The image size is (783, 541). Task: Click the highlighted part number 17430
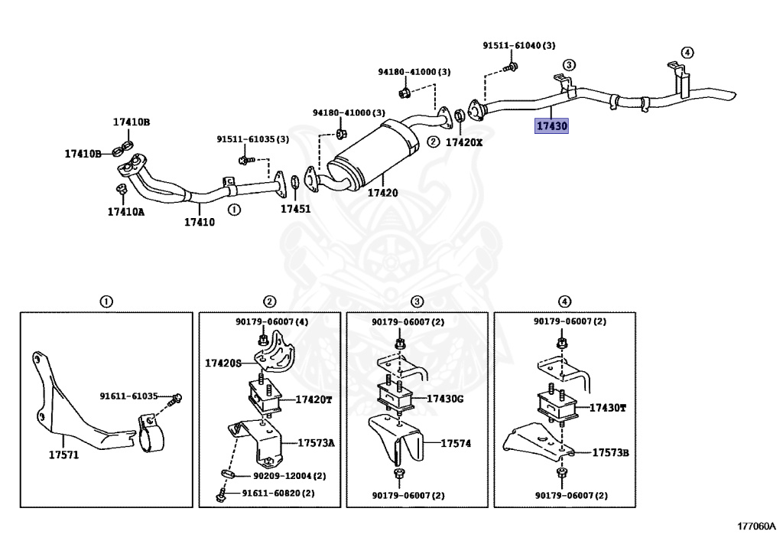click(x=551, y=126)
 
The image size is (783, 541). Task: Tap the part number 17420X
click(x=464, y=142)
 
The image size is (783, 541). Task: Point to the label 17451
click(x=295, y=208)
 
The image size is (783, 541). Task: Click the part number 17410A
click(x=125, y=211)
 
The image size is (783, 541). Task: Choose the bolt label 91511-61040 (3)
click(x=518, y=46)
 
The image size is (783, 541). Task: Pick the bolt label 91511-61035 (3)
click(x=252, y=139)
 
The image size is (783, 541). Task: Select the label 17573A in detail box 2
click(x=317, y=442)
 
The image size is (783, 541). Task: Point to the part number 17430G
click(x=445, y=399)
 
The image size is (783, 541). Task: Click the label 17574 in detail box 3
click(x=456, y=442)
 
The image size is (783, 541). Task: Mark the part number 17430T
click(x=607, y=408)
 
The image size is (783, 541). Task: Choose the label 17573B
click(x=610, y=452)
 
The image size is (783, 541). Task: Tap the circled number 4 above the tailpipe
click(x=687, y=52)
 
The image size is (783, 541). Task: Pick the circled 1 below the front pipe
click(x=233, y=208)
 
